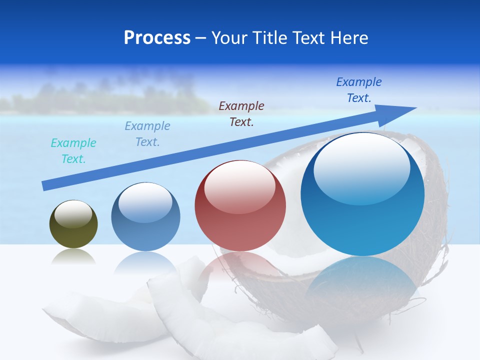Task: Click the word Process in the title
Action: (x=157, y=38)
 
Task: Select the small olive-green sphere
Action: (x=73, y=224)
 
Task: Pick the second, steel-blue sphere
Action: (x=145, y=216)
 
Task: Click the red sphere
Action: (x=240, y=206)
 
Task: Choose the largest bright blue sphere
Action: (x=362, y=194)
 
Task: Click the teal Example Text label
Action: (x=73, y=151)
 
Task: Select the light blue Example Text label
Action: (x=147, y=134)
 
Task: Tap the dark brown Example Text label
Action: (x=241, y=113)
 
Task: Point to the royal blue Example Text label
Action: (x=359, y=90)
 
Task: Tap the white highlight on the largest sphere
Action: (x=361, y=167)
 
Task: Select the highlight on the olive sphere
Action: (x=73, y=213)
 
